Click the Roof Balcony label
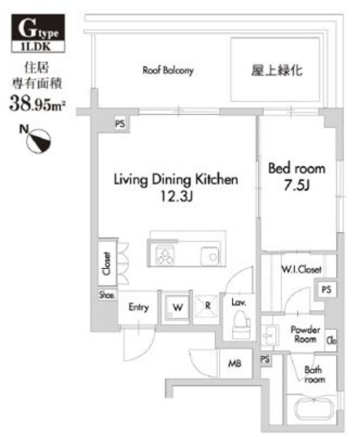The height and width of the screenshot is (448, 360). tap(168, 71)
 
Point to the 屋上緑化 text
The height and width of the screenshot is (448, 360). tap(277, 71)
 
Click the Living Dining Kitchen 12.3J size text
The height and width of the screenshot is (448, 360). tap(176, 198)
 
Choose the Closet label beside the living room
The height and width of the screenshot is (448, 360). tap(106, 263)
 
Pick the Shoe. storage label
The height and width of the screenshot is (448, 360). tap(107, 295)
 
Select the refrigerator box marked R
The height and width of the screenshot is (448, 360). tap(207, 307)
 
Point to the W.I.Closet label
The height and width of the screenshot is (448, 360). tap(301, 269)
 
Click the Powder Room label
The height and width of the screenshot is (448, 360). tap(305, 334)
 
